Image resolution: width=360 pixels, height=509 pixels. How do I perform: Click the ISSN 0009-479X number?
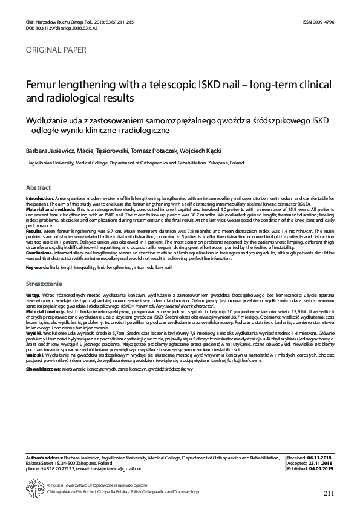click(318, 22)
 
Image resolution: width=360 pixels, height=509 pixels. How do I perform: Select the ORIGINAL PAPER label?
click(56, 50)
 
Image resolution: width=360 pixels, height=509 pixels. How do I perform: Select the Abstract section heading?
click(38, 187)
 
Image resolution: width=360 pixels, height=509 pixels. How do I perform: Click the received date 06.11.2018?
click(321, 459)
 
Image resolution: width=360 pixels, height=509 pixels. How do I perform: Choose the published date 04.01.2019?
click(322, 468)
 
